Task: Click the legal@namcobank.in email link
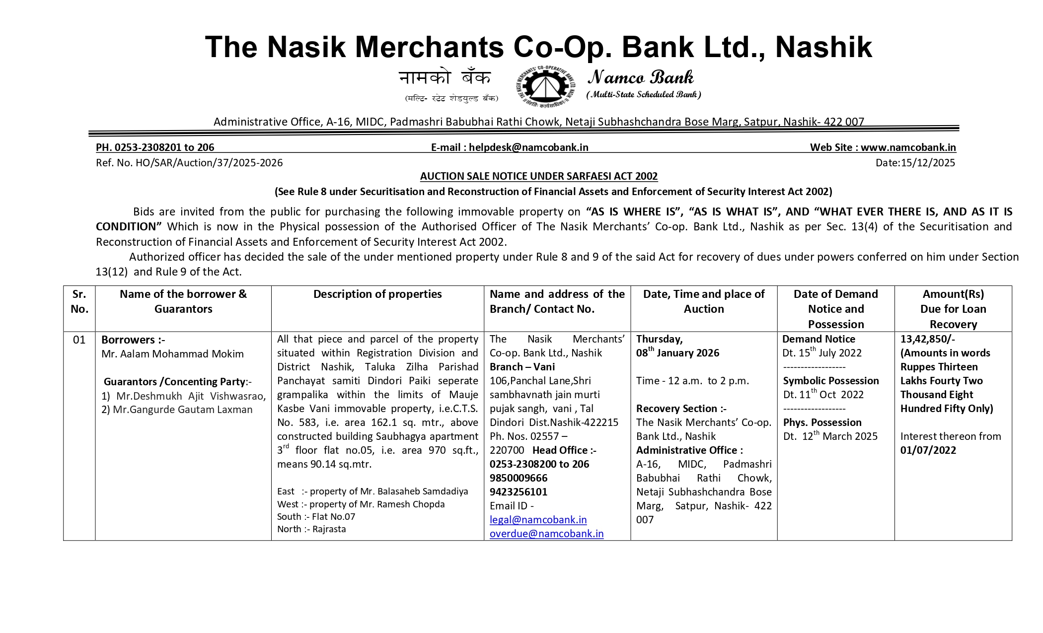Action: pyautogui.click(x=538, y=520)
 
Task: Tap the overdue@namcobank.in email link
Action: pyautogui.click(x=546, y=534)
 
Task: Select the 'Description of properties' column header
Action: pyautogui.click(x=377, y=294)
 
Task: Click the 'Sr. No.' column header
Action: pyautogui.click(x=79, y=301)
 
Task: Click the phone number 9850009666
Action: pyautogui.click(x=519, y=478)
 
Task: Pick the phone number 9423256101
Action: pyautogui.click(x=519, y=492)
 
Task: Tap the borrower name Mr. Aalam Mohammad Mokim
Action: pyautogui.click(x=172, y=354)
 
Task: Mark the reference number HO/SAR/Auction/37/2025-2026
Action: pyautogui.click(x=209, y=163)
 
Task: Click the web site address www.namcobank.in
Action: pyautogui.click(x=908, y=147)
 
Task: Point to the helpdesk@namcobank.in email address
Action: pyautogui.click(x=528, y=147)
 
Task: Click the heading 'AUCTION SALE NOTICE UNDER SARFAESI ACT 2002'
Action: pyautogui.click(x=539, y=176)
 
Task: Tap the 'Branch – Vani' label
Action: pyautogui.click(x=522, y=367)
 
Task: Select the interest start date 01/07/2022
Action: pyautogui.click(x=928, y=450)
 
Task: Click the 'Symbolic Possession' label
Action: pyautogui.click(x=831, y=381)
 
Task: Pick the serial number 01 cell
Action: pyautogui.click(x=79, y=340)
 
